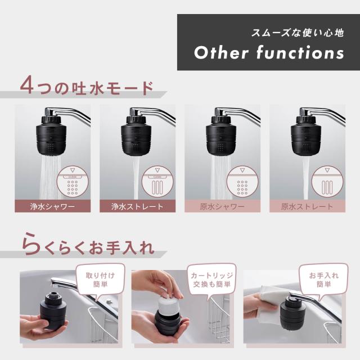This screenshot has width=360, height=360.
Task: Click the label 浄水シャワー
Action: tap(52, 206)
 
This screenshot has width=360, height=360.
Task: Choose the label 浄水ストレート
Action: tap(137, 206)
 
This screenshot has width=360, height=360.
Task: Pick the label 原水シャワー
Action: tap(222, 206)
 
